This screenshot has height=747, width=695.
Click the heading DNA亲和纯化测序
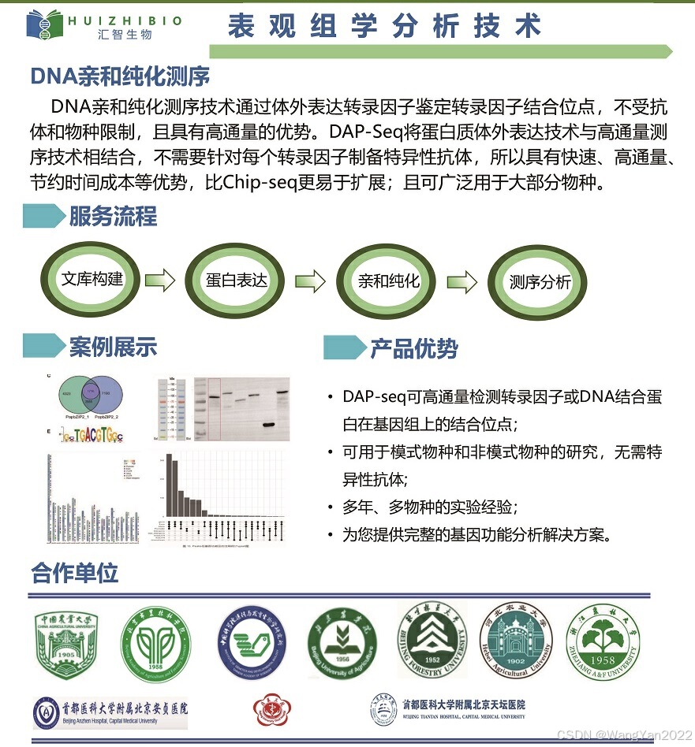point(120,76)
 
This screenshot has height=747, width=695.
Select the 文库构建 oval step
point(92,280)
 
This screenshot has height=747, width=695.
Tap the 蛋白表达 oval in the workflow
point(237,280)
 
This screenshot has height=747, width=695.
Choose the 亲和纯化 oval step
point(388,281)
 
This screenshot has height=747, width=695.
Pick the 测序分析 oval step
point(540,282)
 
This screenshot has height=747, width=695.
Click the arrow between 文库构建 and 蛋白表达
point(160,280)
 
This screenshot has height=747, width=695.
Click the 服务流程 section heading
point(113,216)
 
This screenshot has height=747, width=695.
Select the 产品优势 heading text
point(414,348)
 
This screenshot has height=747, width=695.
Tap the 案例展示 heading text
point(113,347)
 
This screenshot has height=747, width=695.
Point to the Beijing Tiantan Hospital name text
point(463,704)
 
